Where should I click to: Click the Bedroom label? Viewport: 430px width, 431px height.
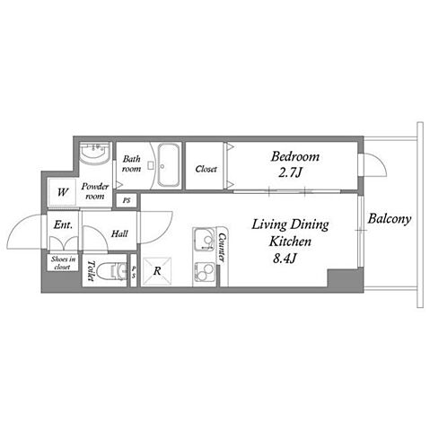[x=295, y=157]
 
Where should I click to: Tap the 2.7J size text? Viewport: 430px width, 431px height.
[x=290, y=172]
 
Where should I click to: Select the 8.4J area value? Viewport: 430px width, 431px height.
[x=285, y=259]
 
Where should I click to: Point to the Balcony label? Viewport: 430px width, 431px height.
[x=389, y=219]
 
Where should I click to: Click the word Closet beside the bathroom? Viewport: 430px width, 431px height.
[x=206, y=169]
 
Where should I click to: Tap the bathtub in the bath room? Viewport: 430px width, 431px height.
[x=169, y=165]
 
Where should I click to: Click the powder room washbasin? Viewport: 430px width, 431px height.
[x=95, y=153]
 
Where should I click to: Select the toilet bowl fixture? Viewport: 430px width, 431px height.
[x=116, y=270]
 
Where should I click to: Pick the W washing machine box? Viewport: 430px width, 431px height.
[x=63, y=192]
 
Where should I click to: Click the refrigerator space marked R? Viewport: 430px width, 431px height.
[x=157, y=271]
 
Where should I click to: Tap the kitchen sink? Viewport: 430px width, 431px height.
[x=204, y=239]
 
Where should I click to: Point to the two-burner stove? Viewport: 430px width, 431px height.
[x=204, y=273]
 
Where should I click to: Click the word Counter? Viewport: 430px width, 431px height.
[x=222, y=248]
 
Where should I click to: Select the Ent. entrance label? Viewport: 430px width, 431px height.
[x=63, y=224]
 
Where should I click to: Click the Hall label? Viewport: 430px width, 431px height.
[x=119, y=233]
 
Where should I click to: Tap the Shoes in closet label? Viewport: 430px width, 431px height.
[x=63, y=263]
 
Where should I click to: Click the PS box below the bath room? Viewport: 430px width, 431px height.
[x=127, y=200]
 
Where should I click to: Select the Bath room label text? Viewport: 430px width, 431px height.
[x=131, y=163]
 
